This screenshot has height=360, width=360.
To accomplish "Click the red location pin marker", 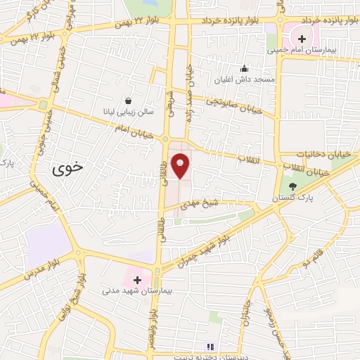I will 181,165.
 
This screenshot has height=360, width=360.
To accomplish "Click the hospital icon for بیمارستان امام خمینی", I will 302,39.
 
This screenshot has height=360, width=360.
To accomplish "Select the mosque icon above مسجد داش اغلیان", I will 244,69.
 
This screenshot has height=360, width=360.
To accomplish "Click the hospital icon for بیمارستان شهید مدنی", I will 137,280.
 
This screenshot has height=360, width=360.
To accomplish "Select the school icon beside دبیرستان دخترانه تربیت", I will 209,346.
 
